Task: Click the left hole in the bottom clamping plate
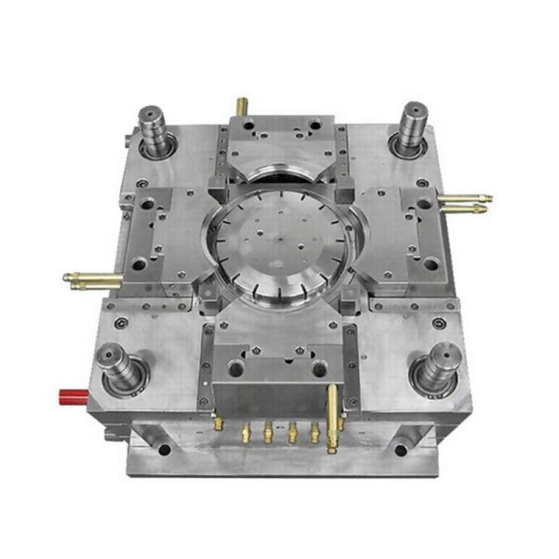[x=165, y=449]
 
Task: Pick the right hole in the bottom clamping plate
[x=401, y=450]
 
